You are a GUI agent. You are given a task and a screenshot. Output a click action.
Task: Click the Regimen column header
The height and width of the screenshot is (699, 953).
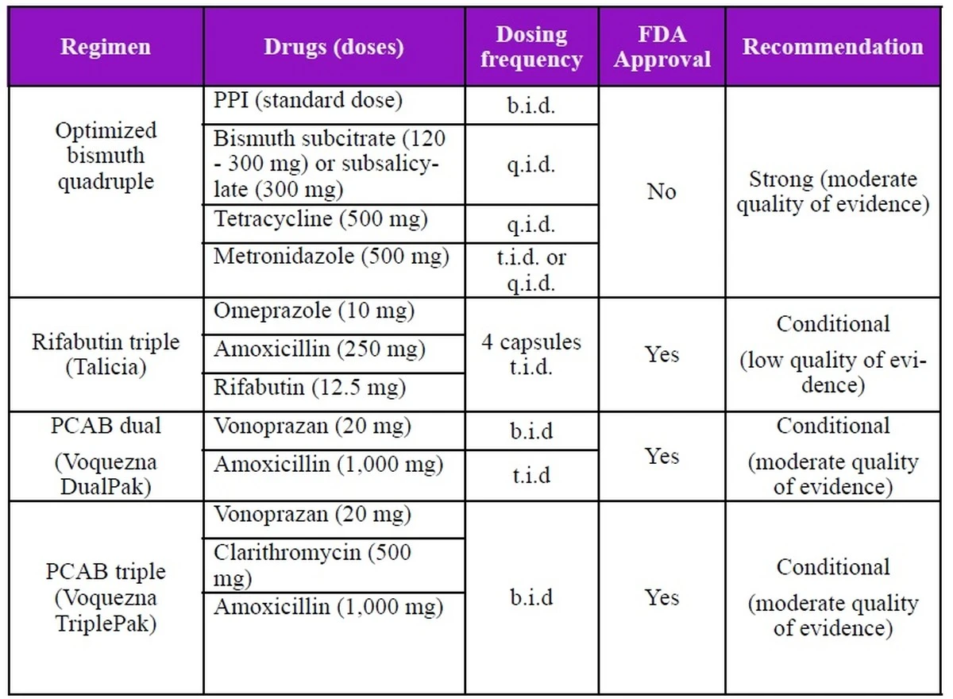pos(106,47)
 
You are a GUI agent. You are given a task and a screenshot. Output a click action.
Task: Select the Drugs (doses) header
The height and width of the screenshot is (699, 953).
pos(334,47)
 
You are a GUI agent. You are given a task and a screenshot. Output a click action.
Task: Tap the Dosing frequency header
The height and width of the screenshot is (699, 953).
pos(531,47)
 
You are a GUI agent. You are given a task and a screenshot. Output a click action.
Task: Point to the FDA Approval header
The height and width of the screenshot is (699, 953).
pos(662,47)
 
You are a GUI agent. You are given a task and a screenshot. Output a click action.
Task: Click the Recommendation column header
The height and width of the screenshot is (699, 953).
pos(833,47)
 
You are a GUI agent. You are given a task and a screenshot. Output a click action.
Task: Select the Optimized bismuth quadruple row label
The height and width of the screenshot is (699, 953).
pos(106,156)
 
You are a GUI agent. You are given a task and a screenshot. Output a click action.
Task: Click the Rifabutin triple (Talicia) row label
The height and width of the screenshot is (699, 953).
pos(106,354)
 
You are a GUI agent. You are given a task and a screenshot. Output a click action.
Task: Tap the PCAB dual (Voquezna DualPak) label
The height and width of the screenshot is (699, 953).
pos(106,456)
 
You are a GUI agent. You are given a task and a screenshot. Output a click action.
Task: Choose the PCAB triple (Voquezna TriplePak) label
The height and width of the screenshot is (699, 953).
pos(106,597)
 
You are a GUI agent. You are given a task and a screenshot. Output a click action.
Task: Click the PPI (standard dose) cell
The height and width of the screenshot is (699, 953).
pos(308,101)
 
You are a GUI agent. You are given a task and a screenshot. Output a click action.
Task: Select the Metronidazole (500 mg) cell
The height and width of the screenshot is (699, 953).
pos(331,257)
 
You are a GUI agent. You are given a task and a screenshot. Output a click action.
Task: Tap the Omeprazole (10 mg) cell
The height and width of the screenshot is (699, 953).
pos(314,311)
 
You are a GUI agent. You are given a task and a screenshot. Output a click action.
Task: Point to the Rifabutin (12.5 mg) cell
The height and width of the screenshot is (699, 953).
pos(310,387)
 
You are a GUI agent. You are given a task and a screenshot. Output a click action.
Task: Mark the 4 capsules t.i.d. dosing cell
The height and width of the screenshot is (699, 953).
pos(531,354)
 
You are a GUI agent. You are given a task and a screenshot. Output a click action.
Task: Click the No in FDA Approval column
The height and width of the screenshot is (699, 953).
pos(662,191)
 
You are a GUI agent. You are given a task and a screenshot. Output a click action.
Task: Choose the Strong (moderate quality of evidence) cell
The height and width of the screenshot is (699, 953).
pos(833,191)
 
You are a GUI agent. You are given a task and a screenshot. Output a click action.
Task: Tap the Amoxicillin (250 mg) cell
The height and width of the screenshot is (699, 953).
pos(319,349)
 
